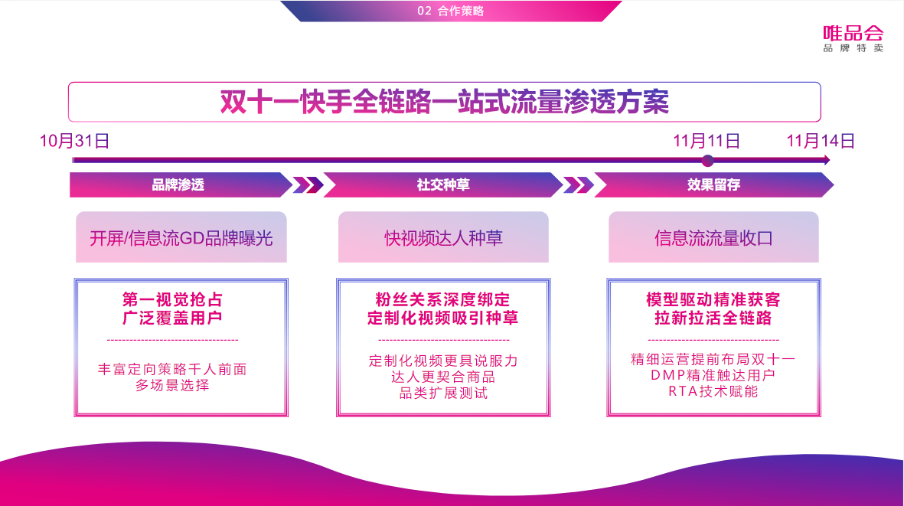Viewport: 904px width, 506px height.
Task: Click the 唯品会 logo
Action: click(x=853, y=38)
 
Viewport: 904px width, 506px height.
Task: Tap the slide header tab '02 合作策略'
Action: click(x=451, y=11)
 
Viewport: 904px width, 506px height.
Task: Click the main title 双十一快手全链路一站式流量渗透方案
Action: click(x=444, y=102)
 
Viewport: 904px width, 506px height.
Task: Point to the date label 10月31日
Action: click(x=74, y=141)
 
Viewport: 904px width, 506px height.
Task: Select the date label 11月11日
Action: click(x=707, y=141)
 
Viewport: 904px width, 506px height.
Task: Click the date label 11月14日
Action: click(x=821, y=141)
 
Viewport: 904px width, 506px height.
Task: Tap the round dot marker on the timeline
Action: click(x=708, y=161)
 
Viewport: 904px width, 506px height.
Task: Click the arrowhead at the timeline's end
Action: click(x=826, y=160)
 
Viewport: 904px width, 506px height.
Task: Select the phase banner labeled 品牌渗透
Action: click(x=178, y=185)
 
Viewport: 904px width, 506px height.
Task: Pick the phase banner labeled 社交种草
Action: click(x=443, y=185)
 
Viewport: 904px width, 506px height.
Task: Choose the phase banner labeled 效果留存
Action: click(x=713, y=185)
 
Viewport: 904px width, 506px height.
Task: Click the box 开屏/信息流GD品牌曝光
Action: click(x=181, y=238)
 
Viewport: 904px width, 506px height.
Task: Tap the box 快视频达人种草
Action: click(x=443, y=238)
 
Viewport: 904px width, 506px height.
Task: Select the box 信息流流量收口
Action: click(x=713, y=238)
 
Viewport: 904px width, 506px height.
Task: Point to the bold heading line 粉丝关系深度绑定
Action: click(x=443, y=299)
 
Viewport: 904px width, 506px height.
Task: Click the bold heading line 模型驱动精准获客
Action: click(x=713, y=299)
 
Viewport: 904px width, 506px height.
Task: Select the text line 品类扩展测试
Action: click(x=443, y=393)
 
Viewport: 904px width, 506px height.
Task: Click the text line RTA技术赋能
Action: click(x=713, y=392)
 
